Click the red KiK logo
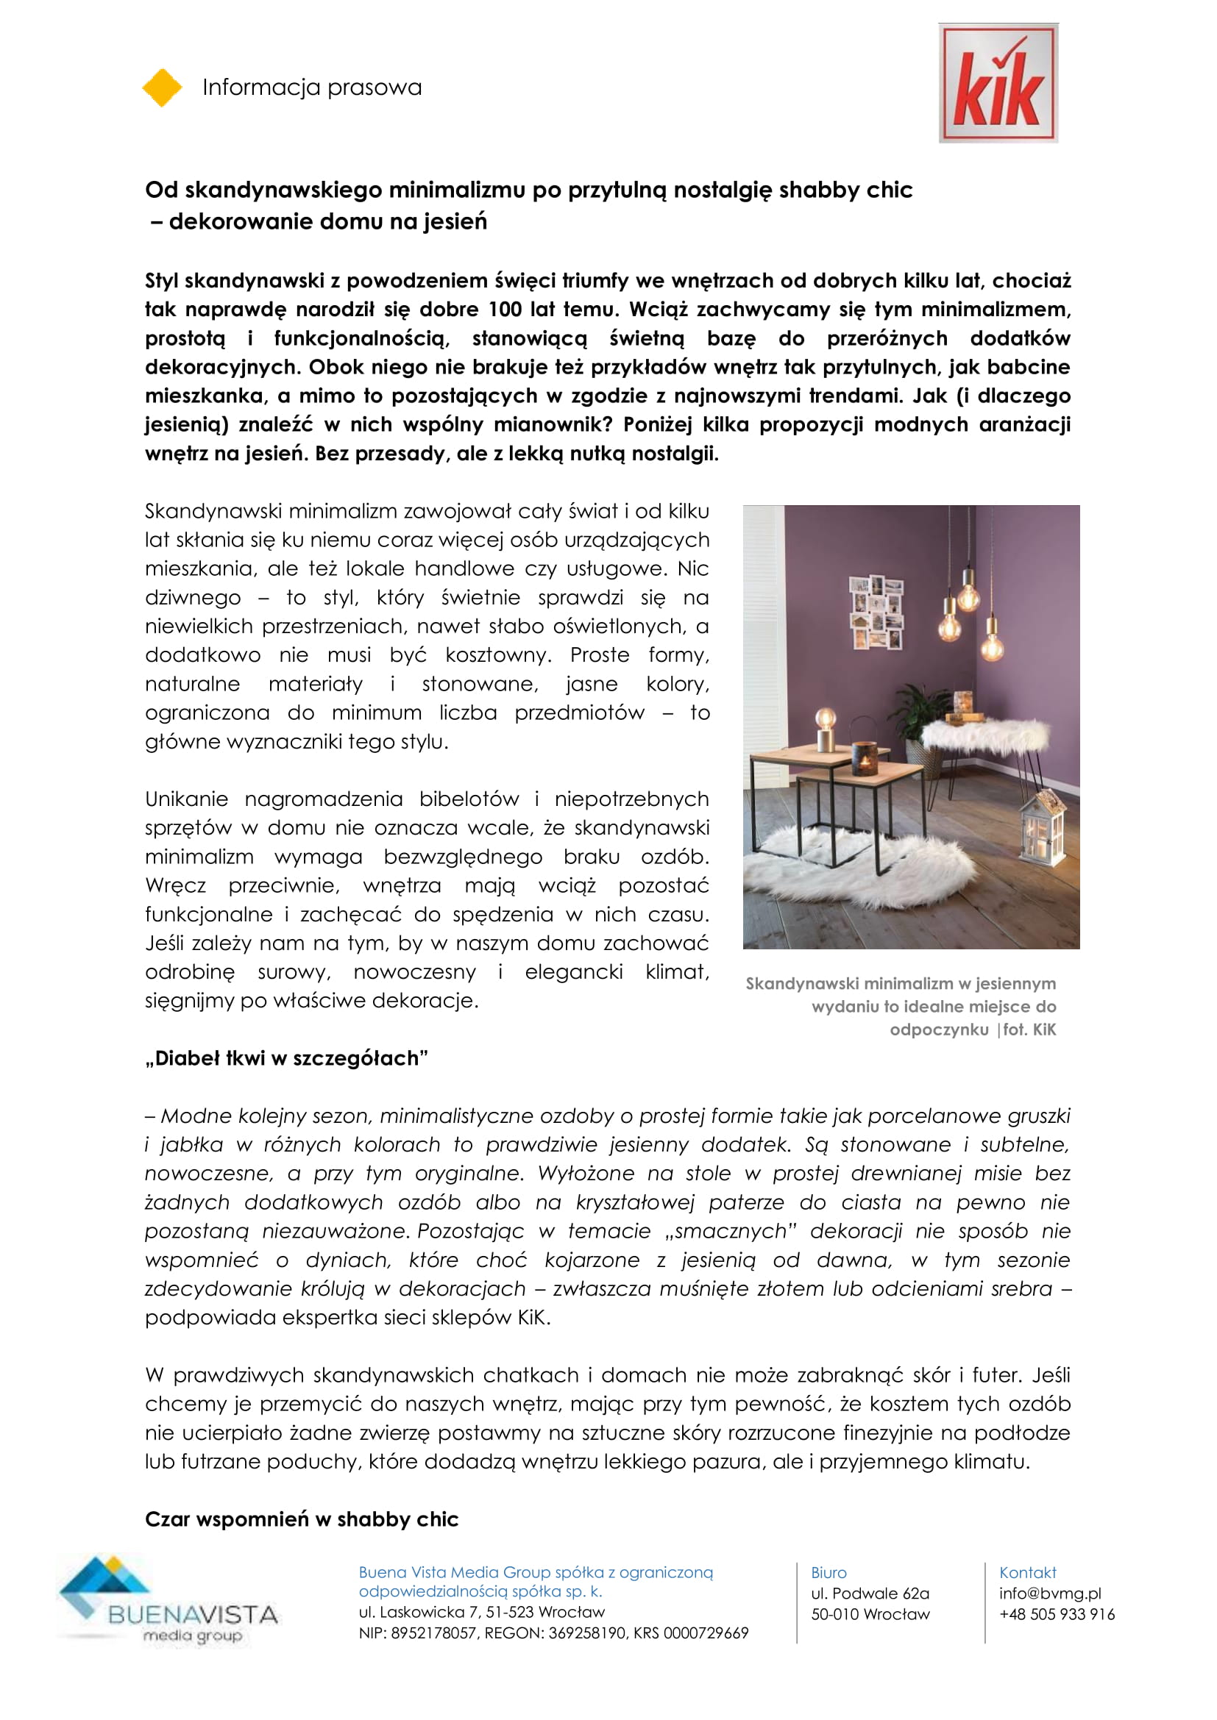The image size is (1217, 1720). click(x=998, y=83)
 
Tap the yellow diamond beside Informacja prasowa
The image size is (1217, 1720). click(x=162, y=88)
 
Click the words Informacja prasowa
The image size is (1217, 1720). click(x=312, y=88)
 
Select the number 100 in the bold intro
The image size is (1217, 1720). click(x=504, y=310)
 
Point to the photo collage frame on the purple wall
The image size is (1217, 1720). click(x=876, y=612)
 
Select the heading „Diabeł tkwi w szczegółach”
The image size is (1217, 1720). click(x=286, y=1058)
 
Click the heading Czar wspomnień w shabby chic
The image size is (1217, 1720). click(x=301, y=1519)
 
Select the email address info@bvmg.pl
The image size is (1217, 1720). click(x=1050, y=1594)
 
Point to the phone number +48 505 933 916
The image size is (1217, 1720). click(x=1057, y=1614)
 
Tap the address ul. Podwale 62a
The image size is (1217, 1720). click(x=869, y=1594)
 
